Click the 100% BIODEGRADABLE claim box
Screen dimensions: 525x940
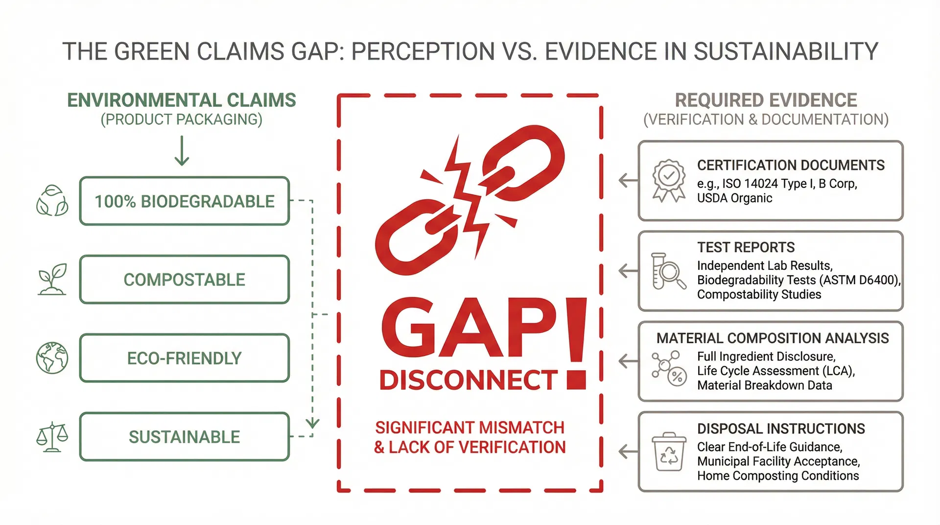pos(184,201)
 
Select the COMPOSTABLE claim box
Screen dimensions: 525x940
pos(184,280)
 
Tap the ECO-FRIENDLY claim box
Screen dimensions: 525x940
pos(184,358)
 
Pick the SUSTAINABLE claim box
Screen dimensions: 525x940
pos(184,437)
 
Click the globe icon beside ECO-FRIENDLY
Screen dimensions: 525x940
pos(52,358)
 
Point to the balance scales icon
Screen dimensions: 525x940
pos(52,437)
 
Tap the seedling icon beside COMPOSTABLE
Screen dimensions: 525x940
pos(52,280)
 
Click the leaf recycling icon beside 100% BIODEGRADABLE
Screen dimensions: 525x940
pos(52,201)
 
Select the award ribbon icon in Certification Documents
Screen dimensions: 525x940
pos(669,180)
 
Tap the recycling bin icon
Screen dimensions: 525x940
pos(668,452)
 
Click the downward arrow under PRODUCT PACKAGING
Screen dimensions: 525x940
pos(182,151)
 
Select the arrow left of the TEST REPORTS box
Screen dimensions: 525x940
pos(628,271)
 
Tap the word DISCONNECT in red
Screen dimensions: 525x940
pos(469,381)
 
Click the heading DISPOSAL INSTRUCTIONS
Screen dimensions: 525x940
pos(781,429)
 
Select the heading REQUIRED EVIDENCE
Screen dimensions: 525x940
pos(766,100)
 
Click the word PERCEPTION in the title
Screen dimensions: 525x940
pos(423,51)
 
